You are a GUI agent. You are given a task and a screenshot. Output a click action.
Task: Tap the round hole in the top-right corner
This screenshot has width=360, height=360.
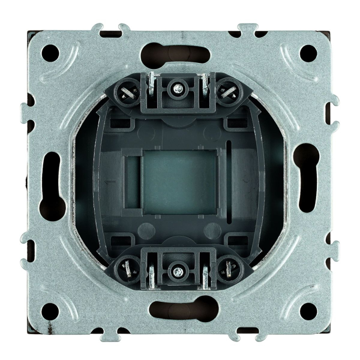click(x=308, y=51)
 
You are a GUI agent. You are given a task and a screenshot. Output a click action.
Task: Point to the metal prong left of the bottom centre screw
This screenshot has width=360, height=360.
click(x=153, y=274)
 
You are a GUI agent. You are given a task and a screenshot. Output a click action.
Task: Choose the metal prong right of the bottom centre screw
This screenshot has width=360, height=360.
click(x=206, y=274)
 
